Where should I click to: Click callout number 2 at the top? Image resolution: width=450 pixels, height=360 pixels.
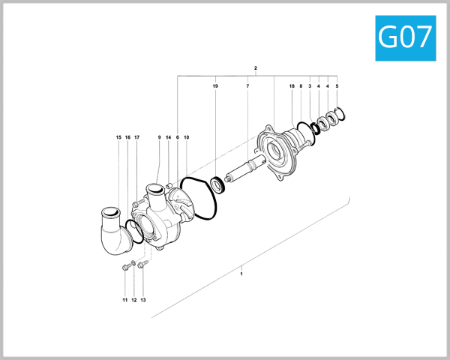256,69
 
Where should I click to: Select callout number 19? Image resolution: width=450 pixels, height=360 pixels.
215,87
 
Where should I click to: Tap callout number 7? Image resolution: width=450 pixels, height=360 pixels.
247,87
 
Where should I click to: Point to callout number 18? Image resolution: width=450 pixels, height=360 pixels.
292,87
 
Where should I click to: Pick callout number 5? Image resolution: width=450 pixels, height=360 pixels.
337,87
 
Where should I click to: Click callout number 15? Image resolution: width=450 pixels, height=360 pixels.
118,137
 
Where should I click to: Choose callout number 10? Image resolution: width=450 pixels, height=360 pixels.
186,137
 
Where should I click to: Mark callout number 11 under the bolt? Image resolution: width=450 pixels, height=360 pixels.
125,300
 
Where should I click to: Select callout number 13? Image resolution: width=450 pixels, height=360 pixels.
142,300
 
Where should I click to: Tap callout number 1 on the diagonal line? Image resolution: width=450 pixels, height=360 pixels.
241,274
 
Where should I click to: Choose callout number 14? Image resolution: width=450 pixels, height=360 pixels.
168,137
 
